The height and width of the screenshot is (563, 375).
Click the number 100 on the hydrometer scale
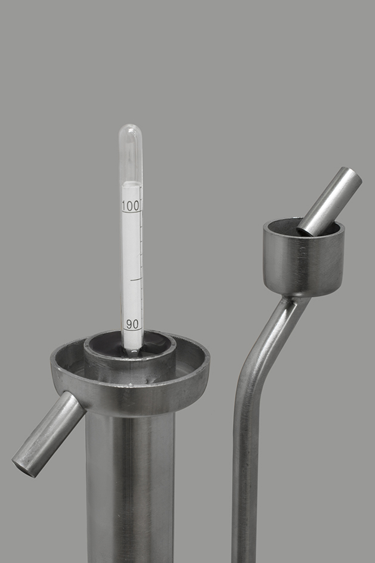click(130, 206)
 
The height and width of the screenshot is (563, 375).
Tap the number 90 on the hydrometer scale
click(132, 324)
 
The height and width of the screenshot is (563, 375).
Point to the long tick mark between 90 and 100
click(137, 279)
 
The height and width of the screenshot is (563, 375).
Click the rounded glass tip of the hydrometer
click(131, 129)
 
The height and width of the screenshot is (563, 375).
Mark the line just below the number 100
click(131, 212)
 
